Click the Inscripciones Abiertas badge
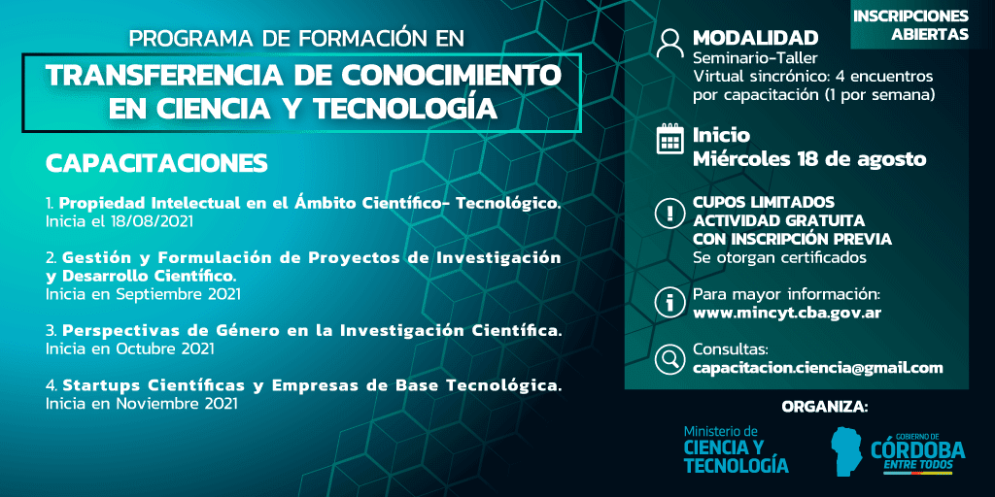coord(909,24)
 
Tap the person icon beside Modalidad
coord(669,43)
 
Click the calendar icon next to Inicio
coord(669,140)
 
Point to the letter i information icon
coord(669,303)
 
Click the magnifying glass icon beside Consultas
coord(669,359)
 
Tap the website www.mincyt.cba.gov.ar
coord(787,313)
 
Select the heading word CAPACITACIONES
coord(156,163)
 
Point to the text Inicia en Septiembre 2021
coord(143,294)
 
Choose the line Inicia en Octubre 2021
coord(129,348)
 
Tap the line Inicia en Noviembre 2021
coord(142,403)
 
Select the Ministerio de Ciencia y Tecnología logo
coord(737,449)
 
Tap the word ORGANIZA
coord(824,407)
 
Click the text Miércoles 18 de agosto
coord(809,158)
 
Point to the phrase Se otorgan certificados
coord(780,258)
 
